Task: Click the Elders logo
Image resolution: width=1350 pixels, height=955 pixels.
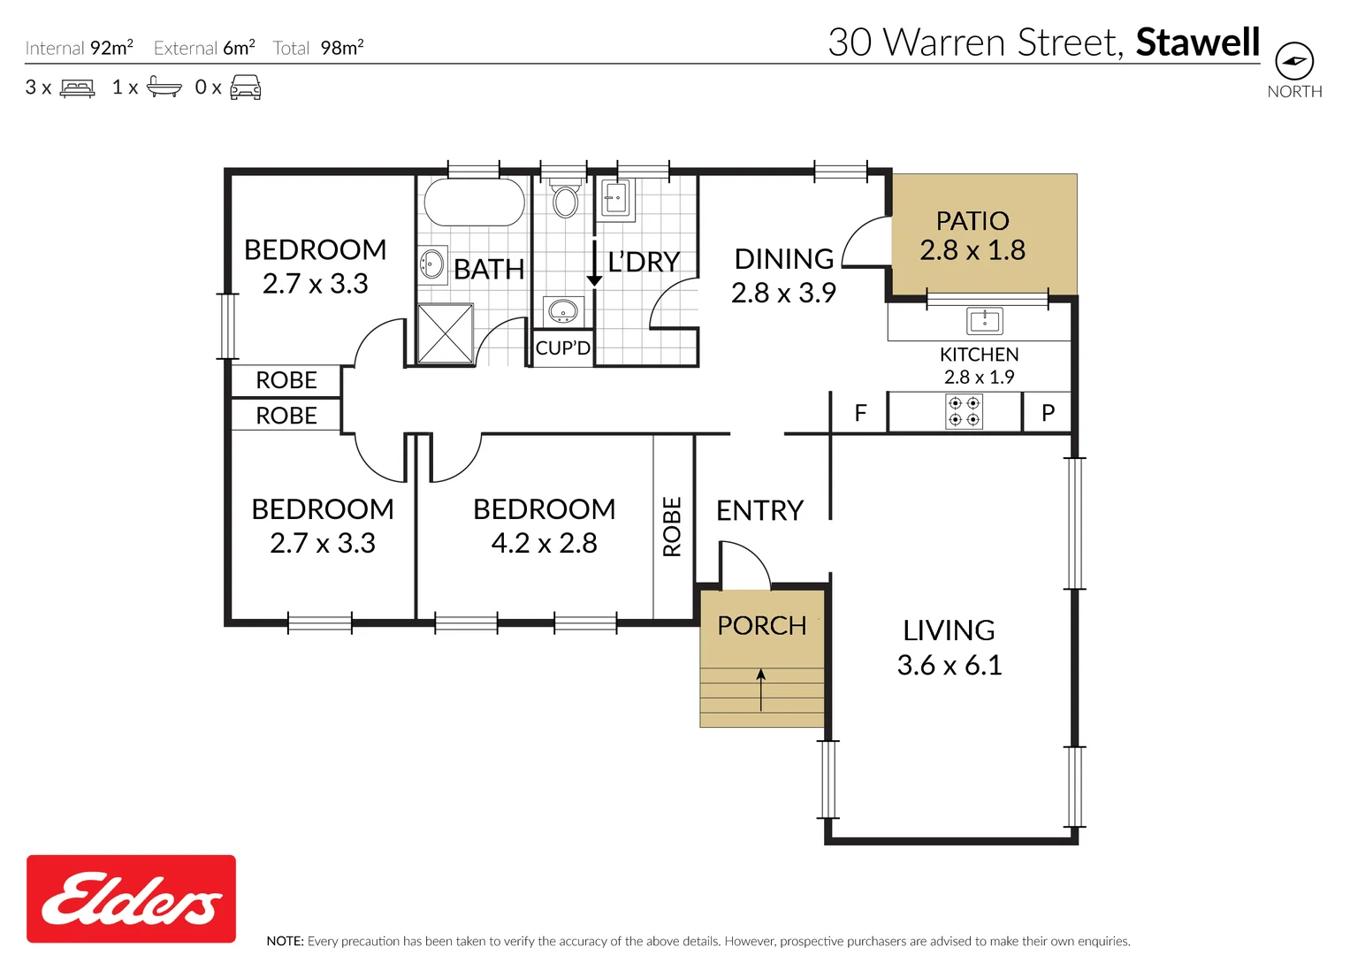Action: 132,898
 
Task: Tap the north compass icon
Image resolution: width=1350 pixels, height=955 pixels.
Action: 1294,61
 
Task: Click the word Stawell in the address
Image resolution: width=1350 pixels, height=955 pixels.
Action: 1198,42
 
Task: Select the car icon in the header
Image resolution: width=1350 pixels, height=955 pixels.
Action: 245,88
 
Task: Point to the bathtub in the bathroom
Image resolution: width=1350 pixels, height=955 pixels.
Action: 474,202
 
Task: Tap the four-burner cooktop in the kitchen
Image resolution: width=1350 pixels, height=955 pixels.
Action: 965,411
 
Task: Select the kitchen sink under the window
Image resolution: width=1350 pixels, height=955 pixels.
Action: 985,321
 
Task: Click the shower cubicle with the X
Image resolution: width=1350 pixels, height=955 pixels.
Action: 446,334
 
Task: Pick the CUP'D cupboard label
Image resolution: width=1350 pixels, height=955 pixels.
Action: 563,348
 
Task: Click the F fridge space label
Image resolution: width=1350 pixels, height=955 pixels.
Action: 860,413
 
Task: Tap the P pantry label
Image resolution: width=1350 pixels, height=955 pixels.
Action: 1048,413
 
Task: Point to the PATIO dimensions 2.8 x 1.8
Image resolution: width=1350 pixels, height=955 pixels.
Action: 972,250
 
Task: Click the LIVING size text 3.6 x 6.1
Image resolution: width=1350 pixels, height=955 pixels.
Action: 950,665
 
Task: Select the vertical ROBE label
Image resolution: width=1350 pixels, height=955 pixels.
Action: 672,526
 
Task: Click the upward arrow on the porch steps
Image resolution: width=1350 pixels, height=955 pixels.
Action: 761,690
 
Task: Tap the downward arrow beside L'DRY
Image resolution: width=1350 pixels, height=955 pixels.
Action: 594,263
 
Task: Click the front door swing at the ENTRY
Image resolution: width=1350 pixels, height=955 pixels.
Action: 745,565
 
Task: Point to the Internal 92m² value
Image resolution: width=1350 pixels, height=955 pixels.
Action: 111,47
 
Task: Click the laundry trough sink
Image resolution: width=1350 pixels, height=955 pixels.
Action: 615,198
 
